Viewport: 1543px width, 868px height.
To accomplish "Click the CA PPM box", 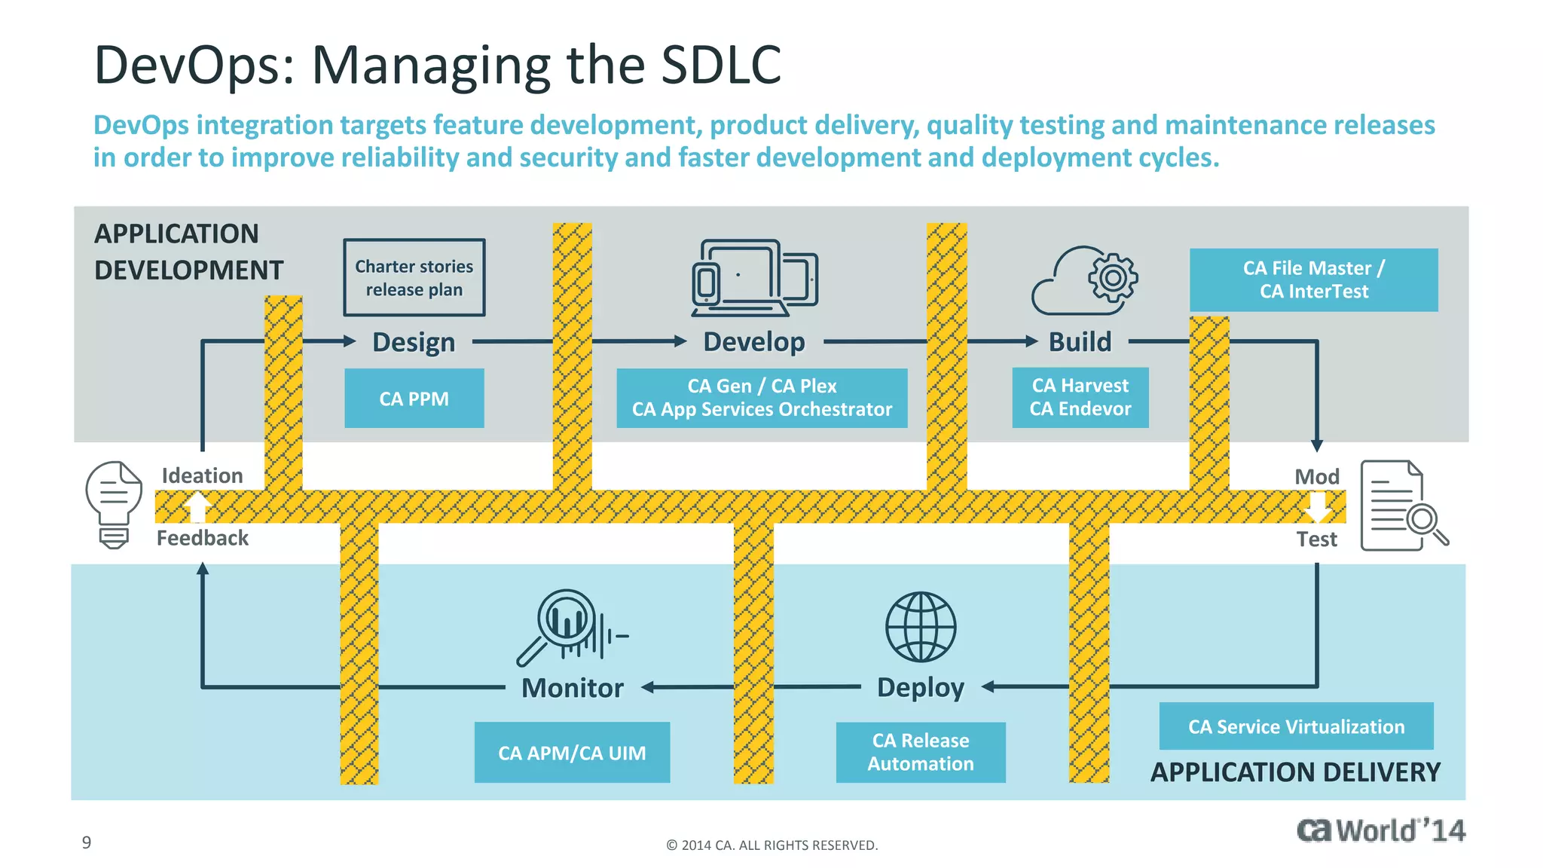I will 414,399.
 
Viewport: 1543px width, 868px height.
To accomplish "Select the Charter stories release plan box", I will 414,278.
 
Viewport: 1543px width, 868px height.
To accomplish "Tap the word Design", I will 414,342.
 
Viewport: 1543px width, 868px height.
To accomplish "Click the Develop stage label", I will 753,342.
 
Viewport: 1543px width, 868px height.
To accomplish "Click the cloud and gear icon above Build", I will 1085,280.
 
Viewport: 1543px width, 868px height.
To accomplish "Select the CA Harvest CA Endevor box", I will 1080,397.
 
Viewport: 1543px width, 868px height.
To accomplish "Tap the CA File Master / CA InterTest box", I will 1313,280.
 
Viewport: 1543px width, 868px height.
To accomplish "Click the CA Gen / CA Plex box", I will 761,398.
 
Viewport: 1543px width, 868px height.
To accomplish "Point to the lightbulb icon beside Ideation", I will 114,503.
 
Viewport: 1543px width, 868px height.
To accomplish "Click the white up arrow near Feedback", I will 197,506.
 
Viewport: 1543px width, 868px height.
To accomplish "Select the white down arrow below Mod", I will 1318,507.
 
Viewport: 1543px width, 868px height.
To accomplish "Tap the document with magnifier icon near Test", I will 1401,506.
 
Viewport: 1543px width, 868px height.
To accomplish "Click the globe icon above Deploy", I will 920,627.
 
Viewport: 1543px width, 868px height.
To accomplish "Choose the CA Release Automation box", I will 920,752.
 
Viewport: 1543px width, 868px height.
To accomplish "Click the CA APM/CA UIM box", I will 572,753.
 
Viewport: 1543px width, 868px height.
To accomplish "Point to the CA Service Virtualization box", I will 1296,726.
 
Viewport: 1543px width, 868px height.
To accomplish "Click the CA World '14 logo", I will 1380,830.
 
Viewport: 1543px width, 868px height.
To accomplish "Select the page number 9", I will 87,842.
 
